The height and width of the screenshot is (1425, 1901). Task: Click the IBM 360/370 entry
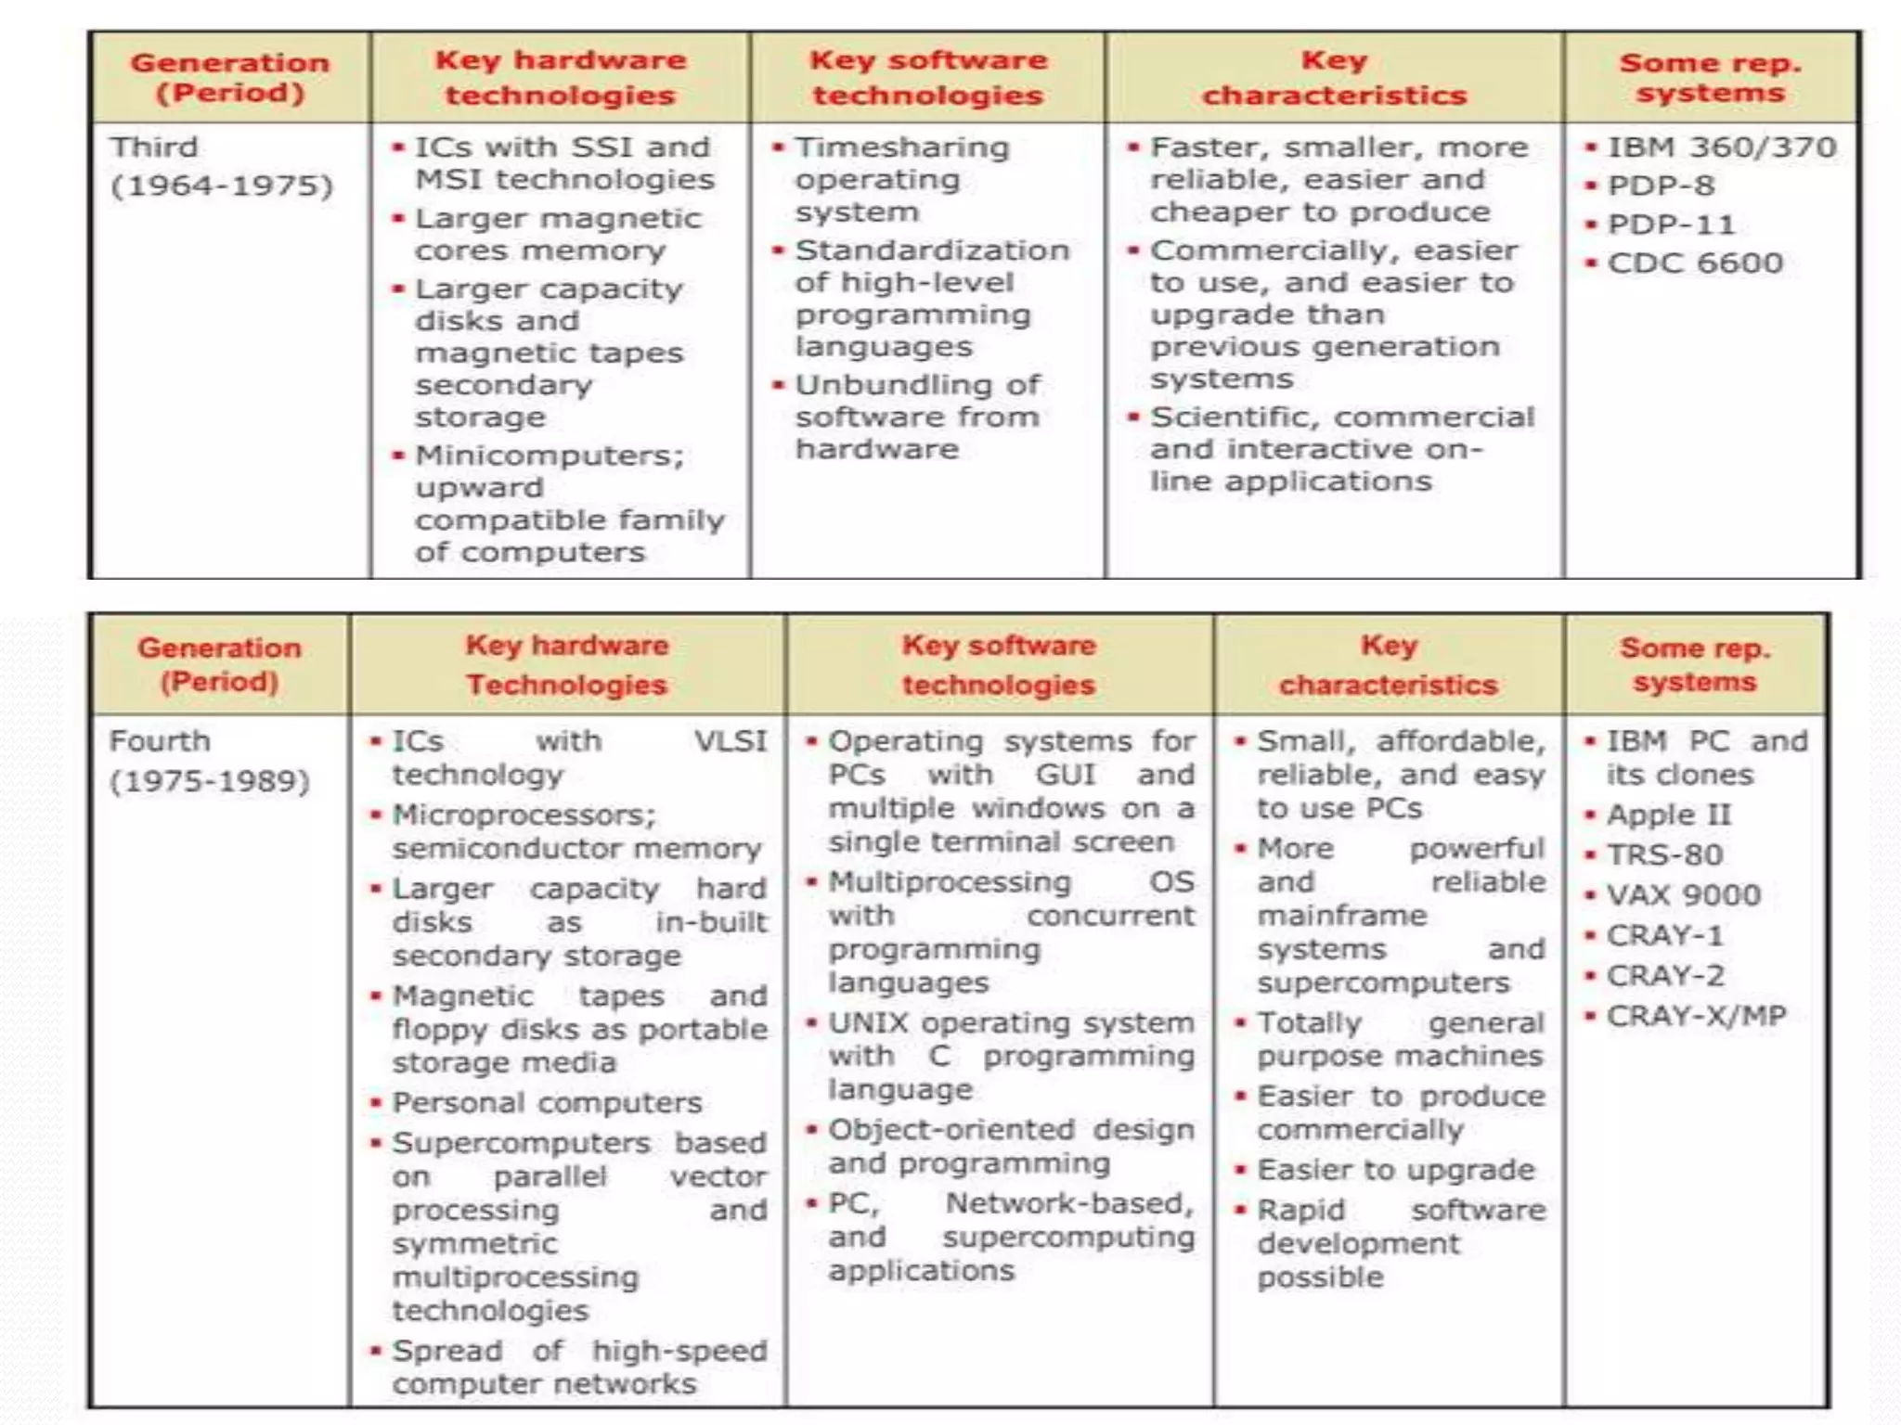(1722, 148)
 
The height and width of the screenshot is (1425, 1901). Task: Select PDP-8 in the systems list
(1661, 186)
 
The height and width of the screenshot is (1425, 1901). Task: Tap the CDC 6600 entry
(1695, 263)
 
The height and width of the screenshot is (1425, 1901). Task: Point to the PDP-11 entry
(1671, 225)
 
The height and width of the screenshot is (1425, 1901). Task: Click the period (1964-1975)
(222, 186)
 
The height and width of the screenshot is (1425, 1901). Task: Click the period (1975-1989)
(210, 781)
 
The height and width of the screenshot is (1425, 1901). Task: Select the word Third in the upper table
(154, 148)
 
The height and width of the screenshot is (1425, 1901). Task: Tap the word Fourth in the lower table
(160, 741)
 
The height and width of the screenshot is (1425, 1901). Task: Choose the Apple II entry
(1668, 815)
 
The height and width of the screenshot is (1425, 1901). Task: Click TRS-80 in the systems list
(1664, 854)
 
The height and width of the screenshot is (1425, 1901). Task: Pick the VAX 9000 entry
(1683, 895)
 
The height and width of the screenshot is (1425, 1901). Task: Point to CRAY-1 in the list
(1664, 935)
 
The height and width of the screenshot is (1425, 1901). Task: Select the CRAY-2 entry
(1665, 976)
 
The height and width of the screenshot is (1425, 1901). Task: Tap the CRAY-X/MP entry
(1696, 1016)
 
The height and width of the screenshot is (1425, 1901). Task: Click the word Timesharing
(902, 148)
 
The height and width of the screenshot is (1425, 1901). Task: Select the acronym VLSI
(731, 741)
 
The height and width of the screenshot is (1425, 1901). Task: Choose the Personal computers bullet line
(547, 1103)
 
